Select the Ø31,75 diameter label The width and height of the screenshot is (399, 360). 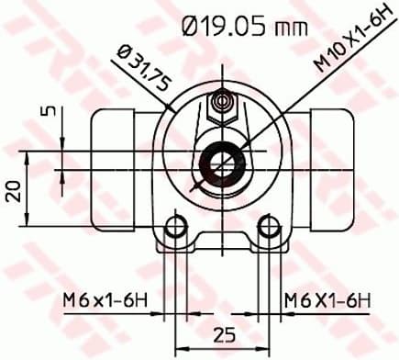coord(139,72)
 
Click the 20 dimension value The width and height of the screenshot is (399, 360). coord(14,191)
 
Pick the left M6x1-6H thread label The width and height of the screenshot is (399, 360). coord(105,298)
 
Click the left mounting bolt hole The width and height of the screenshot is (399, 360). coord(172,228)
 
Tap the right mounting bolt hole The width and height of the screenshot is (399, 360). coord(267,228)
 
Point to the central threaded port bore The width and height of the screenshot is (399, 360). coord(220,162)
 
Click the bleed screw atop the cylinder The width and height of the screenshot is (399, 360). coord(220,107)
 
